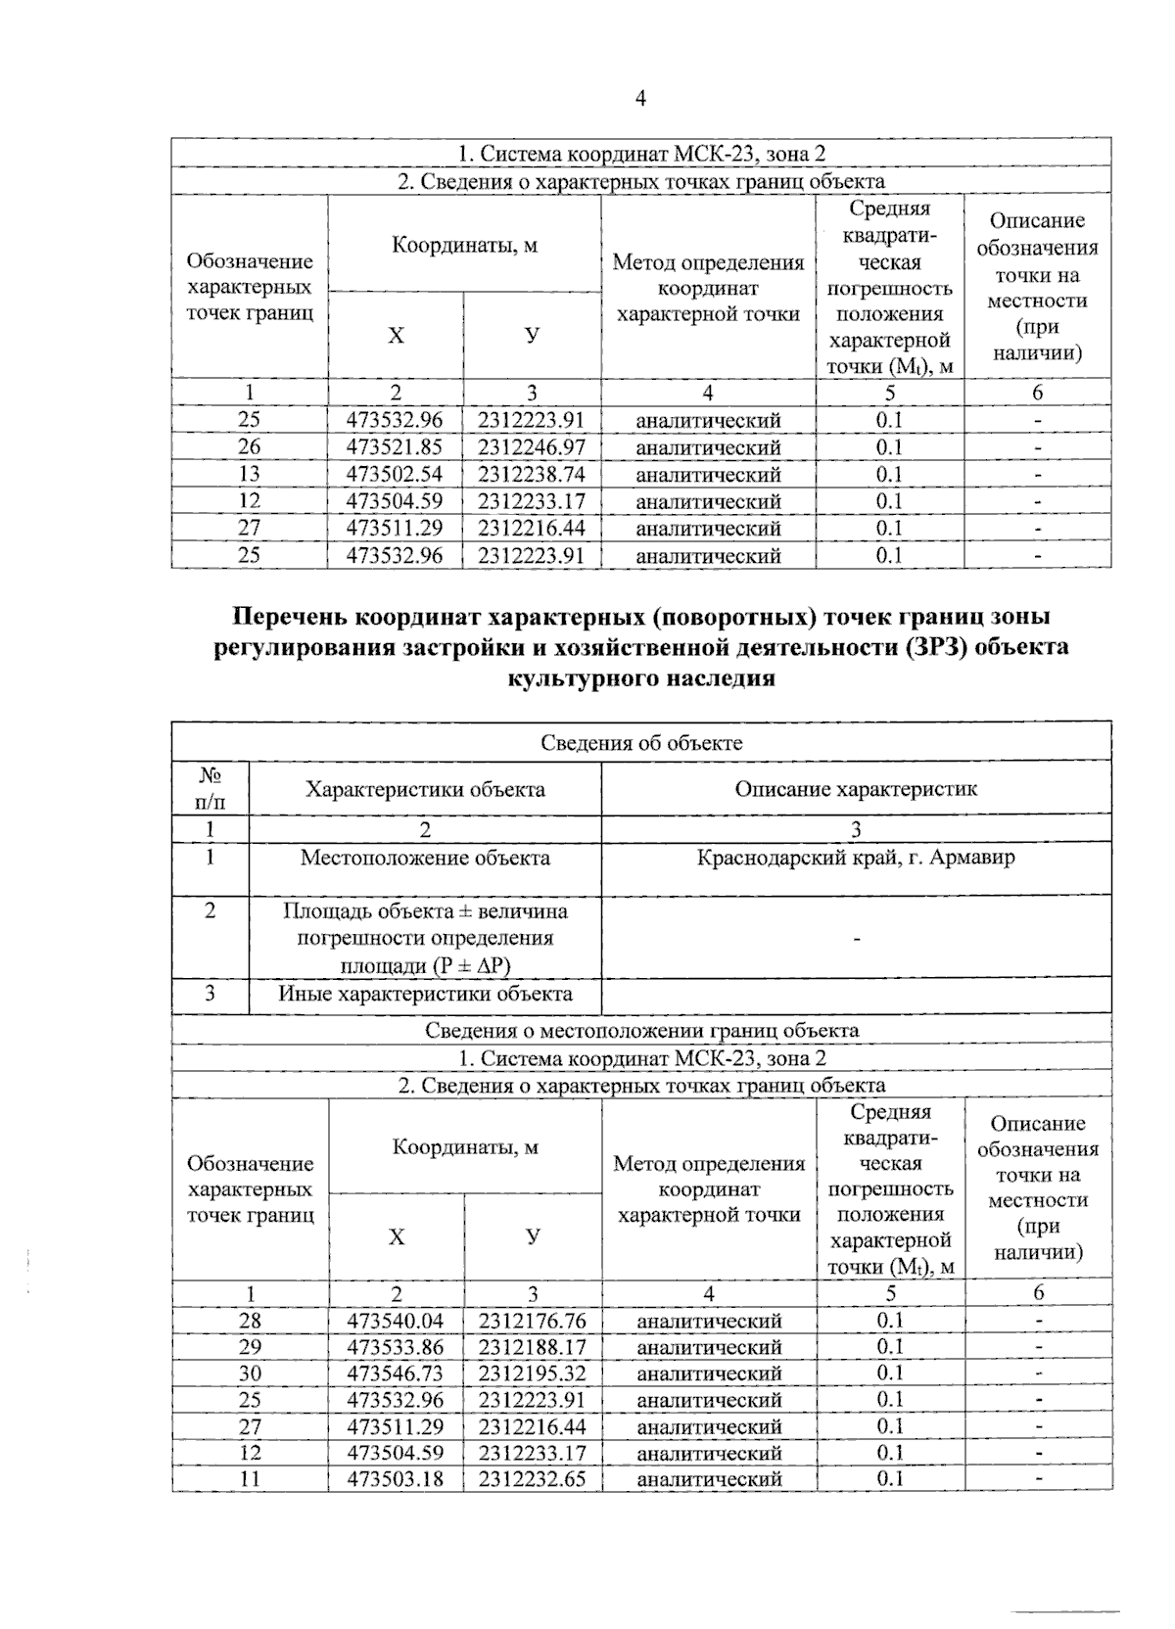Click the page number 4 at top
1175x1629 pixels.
pyautogui.click(x=640, y=98)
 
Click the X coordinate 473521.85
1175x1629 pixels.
pyautogui.click(x=396, y=447)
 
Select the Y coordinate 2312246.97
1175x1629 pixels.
pyautogui.click(x=532, y=447)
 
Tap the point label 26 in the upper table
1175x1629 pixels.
pyautogui.click(x=250, y=447)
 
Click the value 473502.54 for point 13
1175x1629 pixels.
pyautogui.click(x=396, y=475)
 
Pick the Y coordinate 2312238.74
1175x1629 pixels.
pyautogui.click(x=532, y=475)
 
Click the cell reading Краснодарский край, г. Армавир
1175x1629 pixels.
pyautogui.click(x=856, y=859)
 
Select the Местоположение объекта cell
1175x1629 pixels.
pyautogui.click(x=425, y=859)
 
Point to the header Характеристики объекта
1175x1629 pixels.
pyautogui.click(x=425, y=789)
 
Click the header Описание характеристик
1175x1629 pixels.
pyautogui.click(x=856, y=789)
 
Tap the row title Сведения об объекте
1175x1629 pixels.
pyautogui.click(x=641, y=743)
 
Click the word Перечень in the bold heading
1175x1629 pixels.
pyautogui.click(x=289, y=619)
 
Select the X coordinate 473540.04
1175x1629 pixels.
pyautogui.click(x=396, y=1321)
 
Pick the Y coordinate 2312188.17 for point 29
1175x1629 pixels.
pyautogui.click(x=532, y=1347)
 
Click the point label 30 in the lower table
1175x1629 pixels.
pyautogui.click(x=250, y=1373)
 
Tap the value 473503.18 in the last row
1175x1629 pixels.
pyautogui.click(x=396, y=1479)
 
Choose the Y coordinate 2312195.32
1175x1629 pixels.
pyautogui.click(x=532, y=1373)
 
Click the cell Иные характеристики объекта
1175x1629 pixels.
pyautogui.click(x=425, y=995)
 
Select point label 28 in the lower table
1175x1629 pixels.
pyautogui.click(x=250, y=1321)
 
